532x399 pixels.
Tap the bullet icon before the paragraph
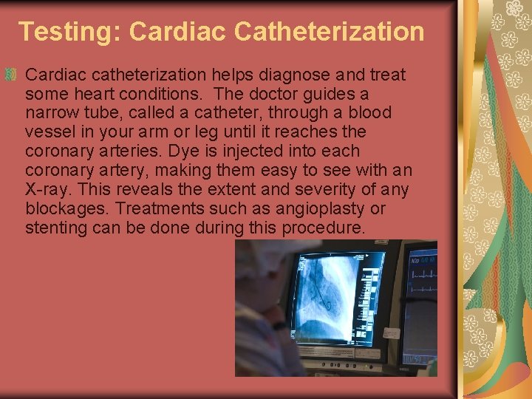click(10, 74)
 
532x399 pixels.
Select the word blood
click(371, 113)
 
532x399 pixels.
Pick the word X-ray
click(47, 190)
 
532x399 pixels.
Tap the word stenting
click(56, 228)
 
